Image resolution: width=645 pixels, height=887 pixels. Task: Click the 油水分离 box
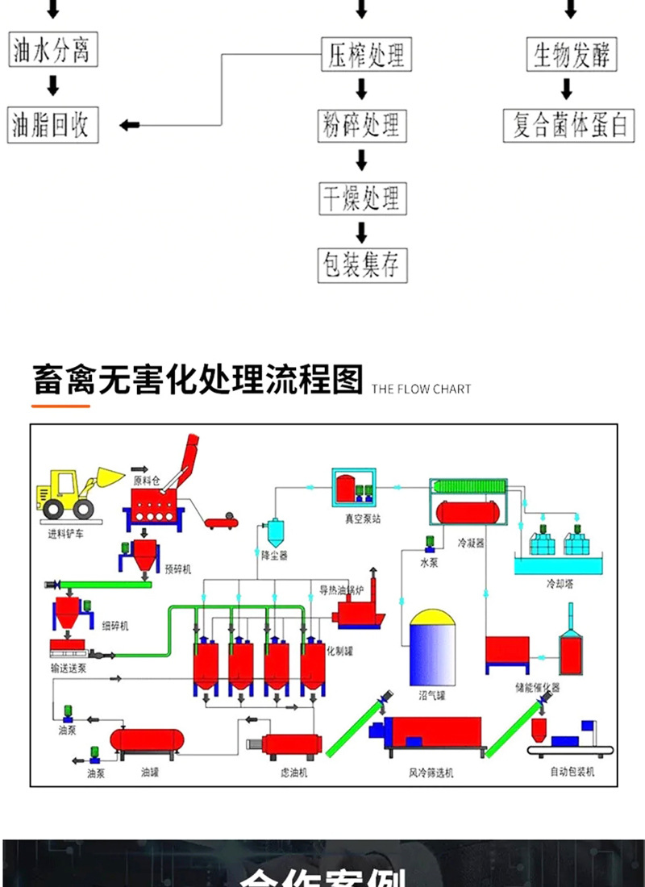click(52, 51)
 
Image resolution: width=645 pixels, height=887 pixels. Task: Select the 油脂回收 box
click(52, 126)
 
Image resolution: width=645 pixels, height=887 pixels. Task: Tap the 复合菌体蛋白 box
click(569, 126)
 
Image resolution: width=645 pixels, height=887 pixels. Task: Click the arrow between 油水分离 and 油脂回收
click(53, 85)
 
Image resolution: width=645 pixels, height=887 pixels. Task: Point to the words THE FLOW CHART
click(421, 389)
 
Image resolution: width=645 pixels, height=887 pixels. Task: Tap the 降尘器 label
click(275, 556)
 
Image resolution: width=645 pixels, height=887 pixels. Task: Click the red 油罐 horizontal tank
click(147, 739)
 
